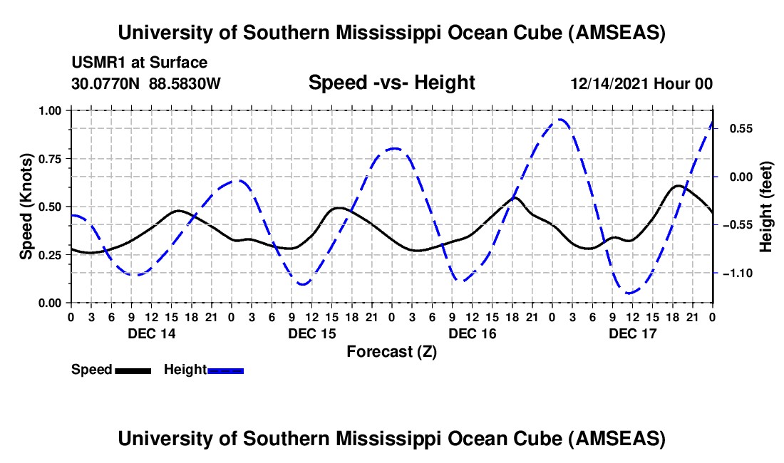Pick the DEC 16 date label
pos(472,333)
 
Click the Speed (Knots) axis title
pos(26,207)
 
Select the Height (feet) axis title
pos(766,207)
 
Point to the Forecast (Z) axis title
pos(391,351)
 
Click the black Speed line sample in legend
pos(133,370)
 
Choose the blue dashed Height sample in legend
pos(225,370)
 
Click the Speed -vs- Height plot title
pos(391,83)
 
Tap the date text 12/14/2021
pos(606,83)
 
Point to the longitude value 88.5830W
pos(185,83)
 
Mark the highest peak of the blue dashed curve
pos(562,120)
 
